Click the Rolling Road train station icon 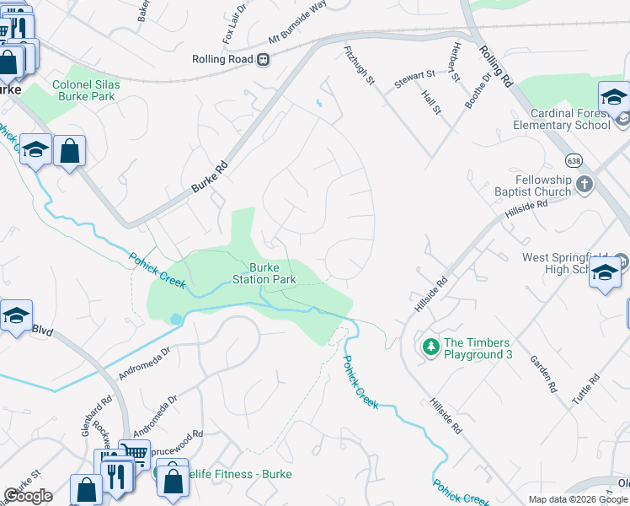point(264,59)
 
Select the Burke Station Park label point(264,272)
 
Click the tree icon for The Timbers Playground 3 point(430,347)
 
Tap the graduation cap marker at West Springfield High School point(605,274)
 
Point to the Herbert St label point(456,62)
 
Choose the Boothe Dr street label point(476,89)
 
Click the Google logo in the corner point(28,496)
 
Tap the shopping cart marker point(134,453)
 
